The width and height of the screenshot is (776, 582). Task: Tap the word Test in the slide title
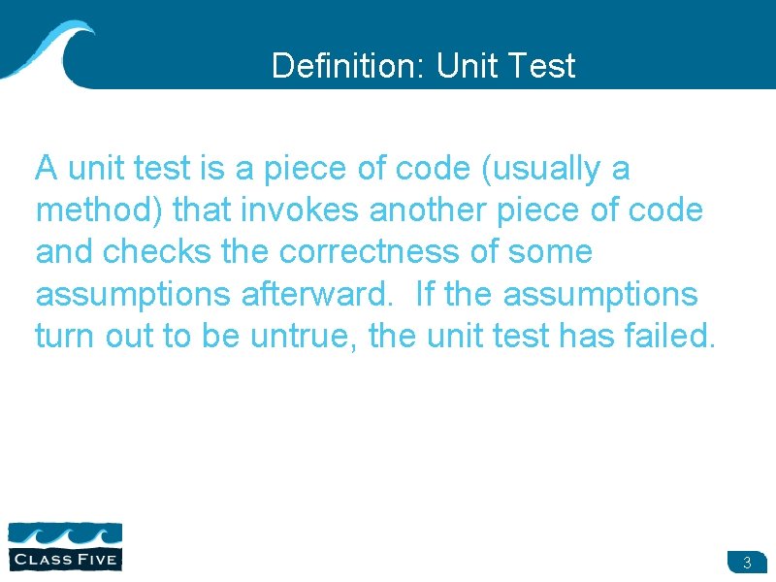tap(541, 66)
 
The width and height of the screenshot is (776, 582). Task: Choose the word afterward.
tap(320, 294)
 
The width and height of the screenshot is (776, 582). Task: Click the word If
tap(423, 294)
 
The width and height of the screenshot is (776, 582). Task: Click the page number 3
tap(746, 563)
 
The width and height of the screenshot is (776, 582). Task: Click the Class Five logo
tap(65, 546)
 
